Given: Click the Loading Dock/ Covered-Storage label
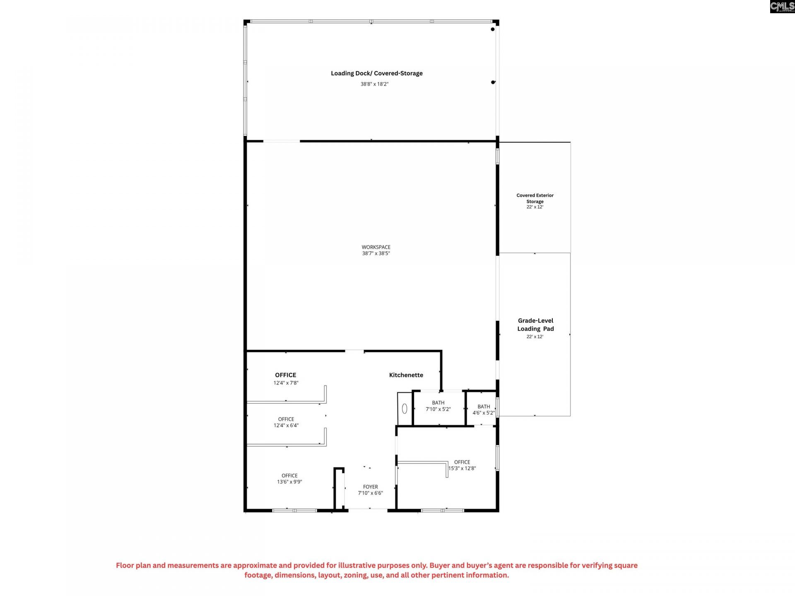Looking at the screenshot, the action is [x=376, y=73].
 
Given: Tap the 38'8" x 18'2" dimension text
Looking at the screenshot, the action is [x=374, y=84].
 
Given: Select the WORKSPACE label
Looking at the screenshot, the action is [x=376, y=247].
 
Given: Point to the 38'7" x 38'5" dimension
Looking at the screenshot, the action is [x=376, y=253].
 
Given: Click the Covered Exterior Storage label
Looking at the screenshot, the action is [x=535, y=198].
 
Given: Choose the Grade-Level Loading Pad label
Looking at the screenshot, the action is [x=535, y=324].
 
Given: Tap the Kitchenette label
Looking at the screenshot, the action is [x=406, y=375].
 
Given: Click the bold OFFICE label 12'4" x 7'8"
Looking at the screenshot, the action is [x=286, y=375].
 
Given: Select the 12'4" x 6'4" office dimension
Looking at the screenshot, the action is [x=286, y=425].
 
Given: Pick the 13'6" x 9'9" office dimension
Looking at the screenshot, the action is [x=289, y=482].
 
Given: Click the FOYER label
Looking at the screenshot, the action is [x=371, y=487].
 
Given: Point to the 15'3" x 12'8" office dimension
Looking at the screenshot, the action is [x=462, y=469].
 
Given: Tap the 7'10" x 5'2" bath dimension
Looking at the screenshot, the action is [x=438, y=409].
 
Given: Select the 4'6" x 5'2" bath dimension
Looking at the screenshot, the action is [x=484, y=413].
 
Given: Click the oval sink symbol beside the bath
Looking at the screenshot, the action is [x=405, y=409].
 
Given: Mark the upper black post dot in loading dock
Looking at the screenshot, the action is [x=493, y=29].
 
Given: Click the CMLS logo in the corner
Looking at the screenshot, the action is [x=782, y=6].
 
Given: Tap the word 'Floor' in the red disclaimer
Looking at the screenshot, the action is [x=125, y=565].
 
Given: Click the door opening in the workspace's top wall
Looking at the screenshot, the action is [x=282, y=141].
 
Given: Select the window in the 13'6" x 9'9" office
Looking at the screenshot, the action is [x=294, y=510].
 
